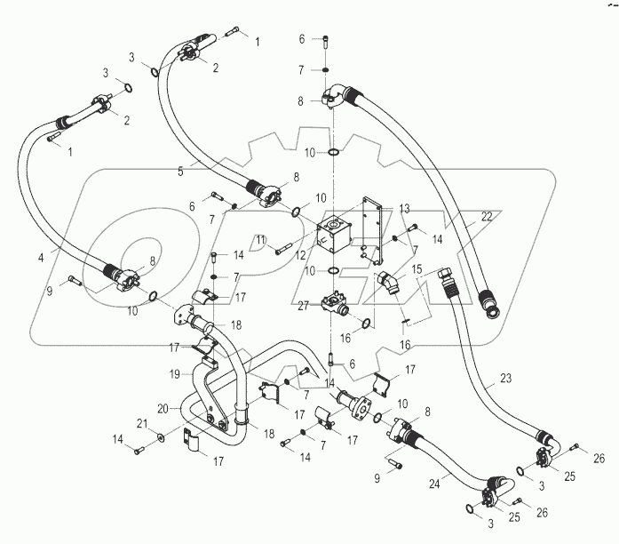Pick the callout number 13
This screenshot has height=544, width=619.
pos(404,208)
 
